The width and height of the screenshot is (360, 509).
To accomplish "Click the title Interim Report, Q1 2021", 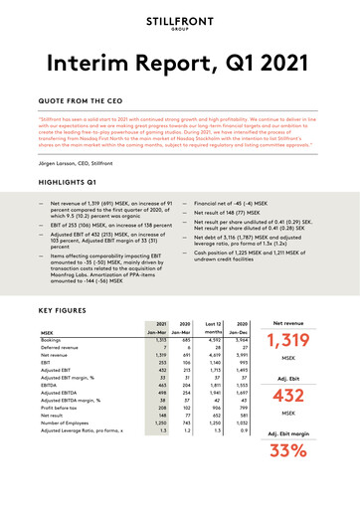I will coord(179,67).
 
